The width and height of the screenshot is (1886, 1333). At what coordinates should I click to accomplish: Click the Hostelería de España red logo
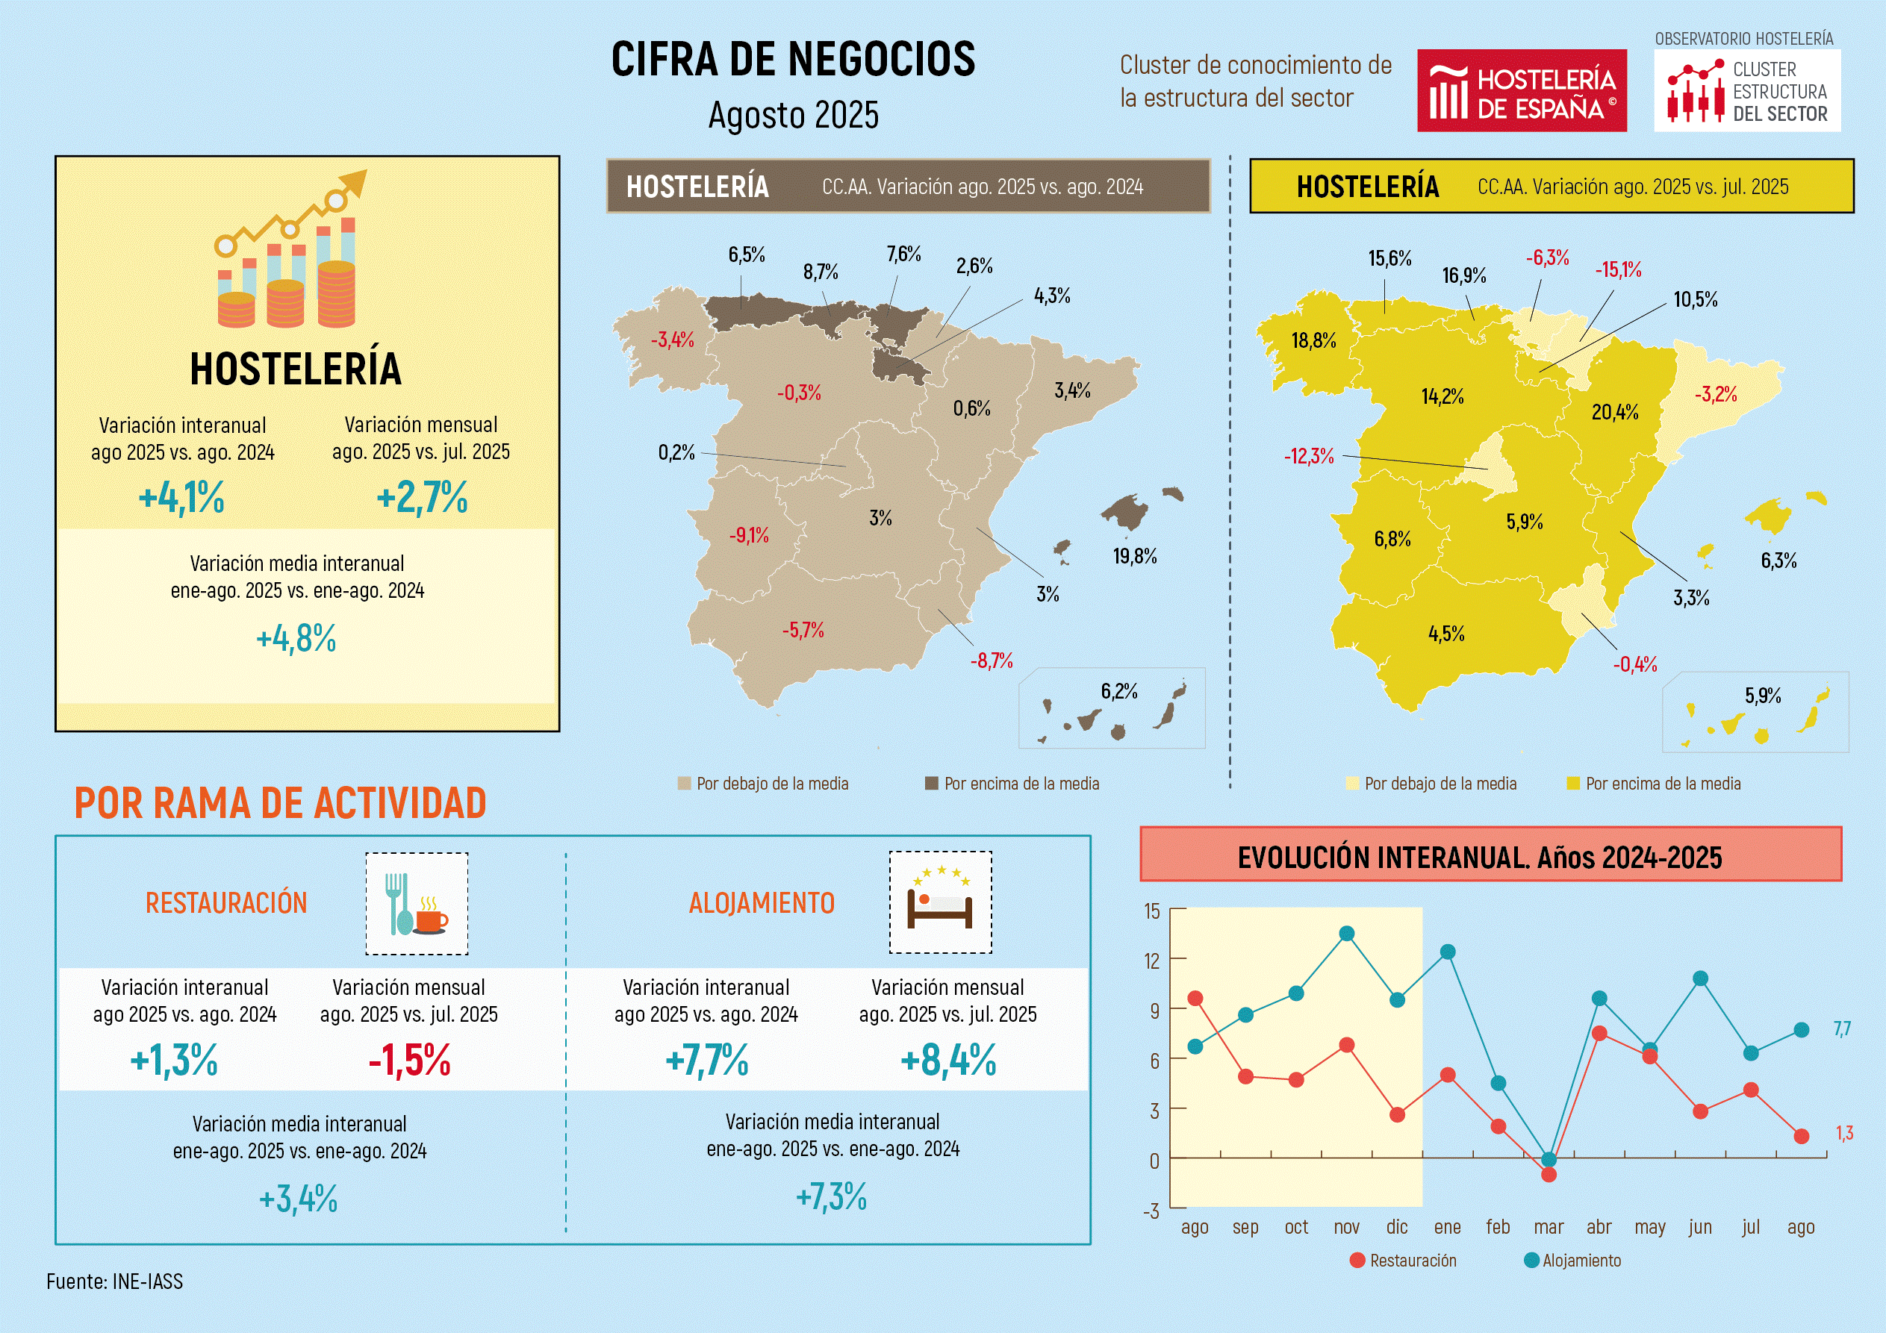tap(1522, 90)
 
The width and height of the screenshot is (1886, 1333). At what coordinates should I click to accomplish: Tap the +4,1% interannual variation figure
tap(181, 498)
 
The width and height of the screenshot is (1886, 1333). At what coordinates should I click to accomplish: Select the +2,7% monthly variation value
tap(421, 498)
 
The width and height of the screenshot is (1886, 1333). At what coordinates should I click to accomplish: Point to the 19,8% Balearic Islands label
tap(1134, 557)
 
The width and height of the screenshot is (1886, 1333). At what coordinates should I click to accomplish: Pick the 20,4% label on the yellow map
tap(1615, 412)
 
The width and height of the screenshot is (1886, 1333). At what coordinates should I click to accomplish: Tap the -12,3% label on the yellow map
tap(1309, 457)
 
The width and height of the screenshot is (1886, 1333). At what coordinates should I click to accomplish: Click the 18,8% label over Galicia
tap(1313, 341)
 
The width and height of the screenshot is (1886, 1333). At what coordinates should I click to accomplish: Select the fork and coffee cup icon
tap(417, 903)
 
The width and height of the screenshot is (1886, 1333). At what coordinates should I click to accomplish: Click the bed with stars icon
tap(941, 902)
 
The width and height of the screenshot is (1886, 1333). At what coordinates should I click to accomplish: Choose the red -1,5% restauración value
tap(409, 1061)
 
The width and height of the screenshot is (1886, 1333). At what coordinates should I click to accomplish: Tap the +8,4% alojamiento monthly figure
tap(948, 1061)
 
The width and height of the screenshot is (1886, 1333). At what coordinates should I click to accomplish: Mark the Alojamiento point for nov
tap(1346, 934)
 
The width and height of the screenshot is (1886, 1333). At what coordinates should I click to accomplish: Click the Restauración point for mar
tap(1549, 1175)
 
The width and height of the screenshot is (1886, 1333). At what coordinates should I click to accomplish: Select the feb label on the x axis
tap(1498, 1227)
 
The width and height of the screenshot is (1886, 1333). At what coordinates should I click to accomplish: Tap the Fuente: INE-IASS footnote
tap(114, 1282)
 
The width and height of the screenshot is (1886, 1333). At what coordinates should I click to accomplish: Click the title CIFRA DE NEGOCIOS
tap(793, 60)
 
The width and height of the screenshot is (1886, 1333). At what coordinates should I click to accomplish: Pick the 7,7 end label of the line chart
tap(1842, 1029)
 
